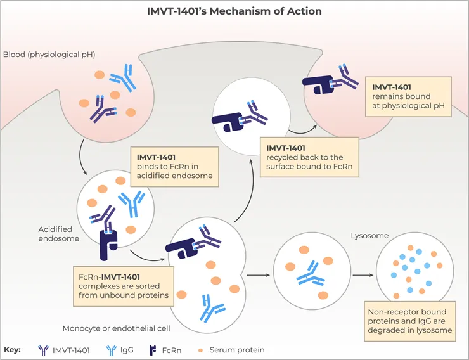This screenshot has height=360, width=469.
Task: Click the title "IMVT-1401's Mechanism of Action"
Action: pyautogui.click(x=234, y=11)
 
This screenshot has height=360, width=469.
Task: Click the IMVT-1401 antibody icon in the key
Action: pyautogui.click(x=45, y=350)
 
